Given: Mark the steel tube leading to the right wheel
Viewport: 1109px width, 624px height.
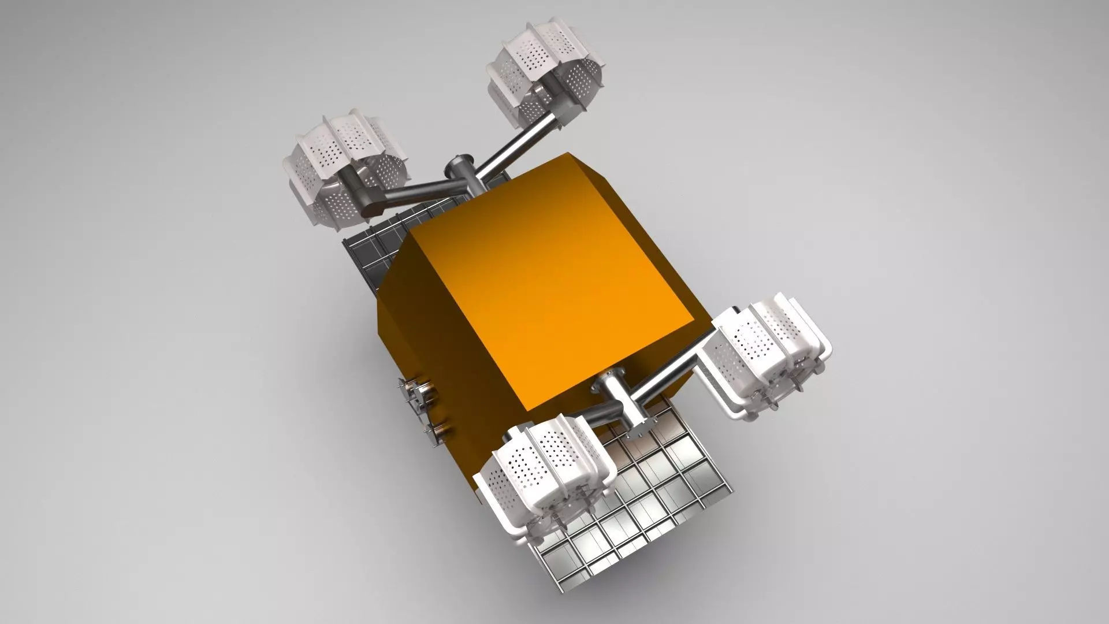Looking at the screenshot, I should click(670, 376).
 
